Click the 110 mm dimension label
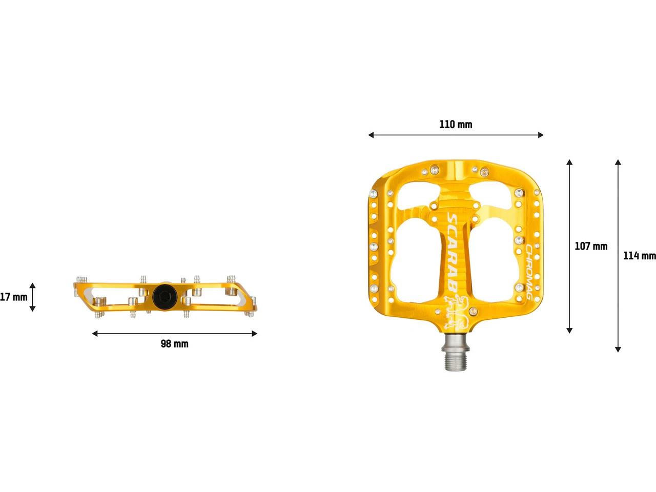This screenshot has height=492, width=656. click(456, 125)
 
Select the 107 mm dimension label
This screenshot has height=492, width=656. click(591, 247)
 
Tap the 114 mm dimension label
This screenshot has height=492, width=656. click(639, 256)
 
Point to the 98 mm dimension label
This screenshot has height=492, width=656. click(175, 344)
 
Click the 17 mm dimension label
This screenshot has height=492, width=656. click(13, 297)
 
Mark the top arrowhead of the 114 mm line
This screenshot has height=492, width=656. click(618, 162)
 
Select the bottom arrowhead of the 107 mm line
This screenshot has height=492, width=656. click(569, 330)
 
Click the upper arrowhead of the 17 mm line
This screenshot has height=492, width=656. click(32, 285)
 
